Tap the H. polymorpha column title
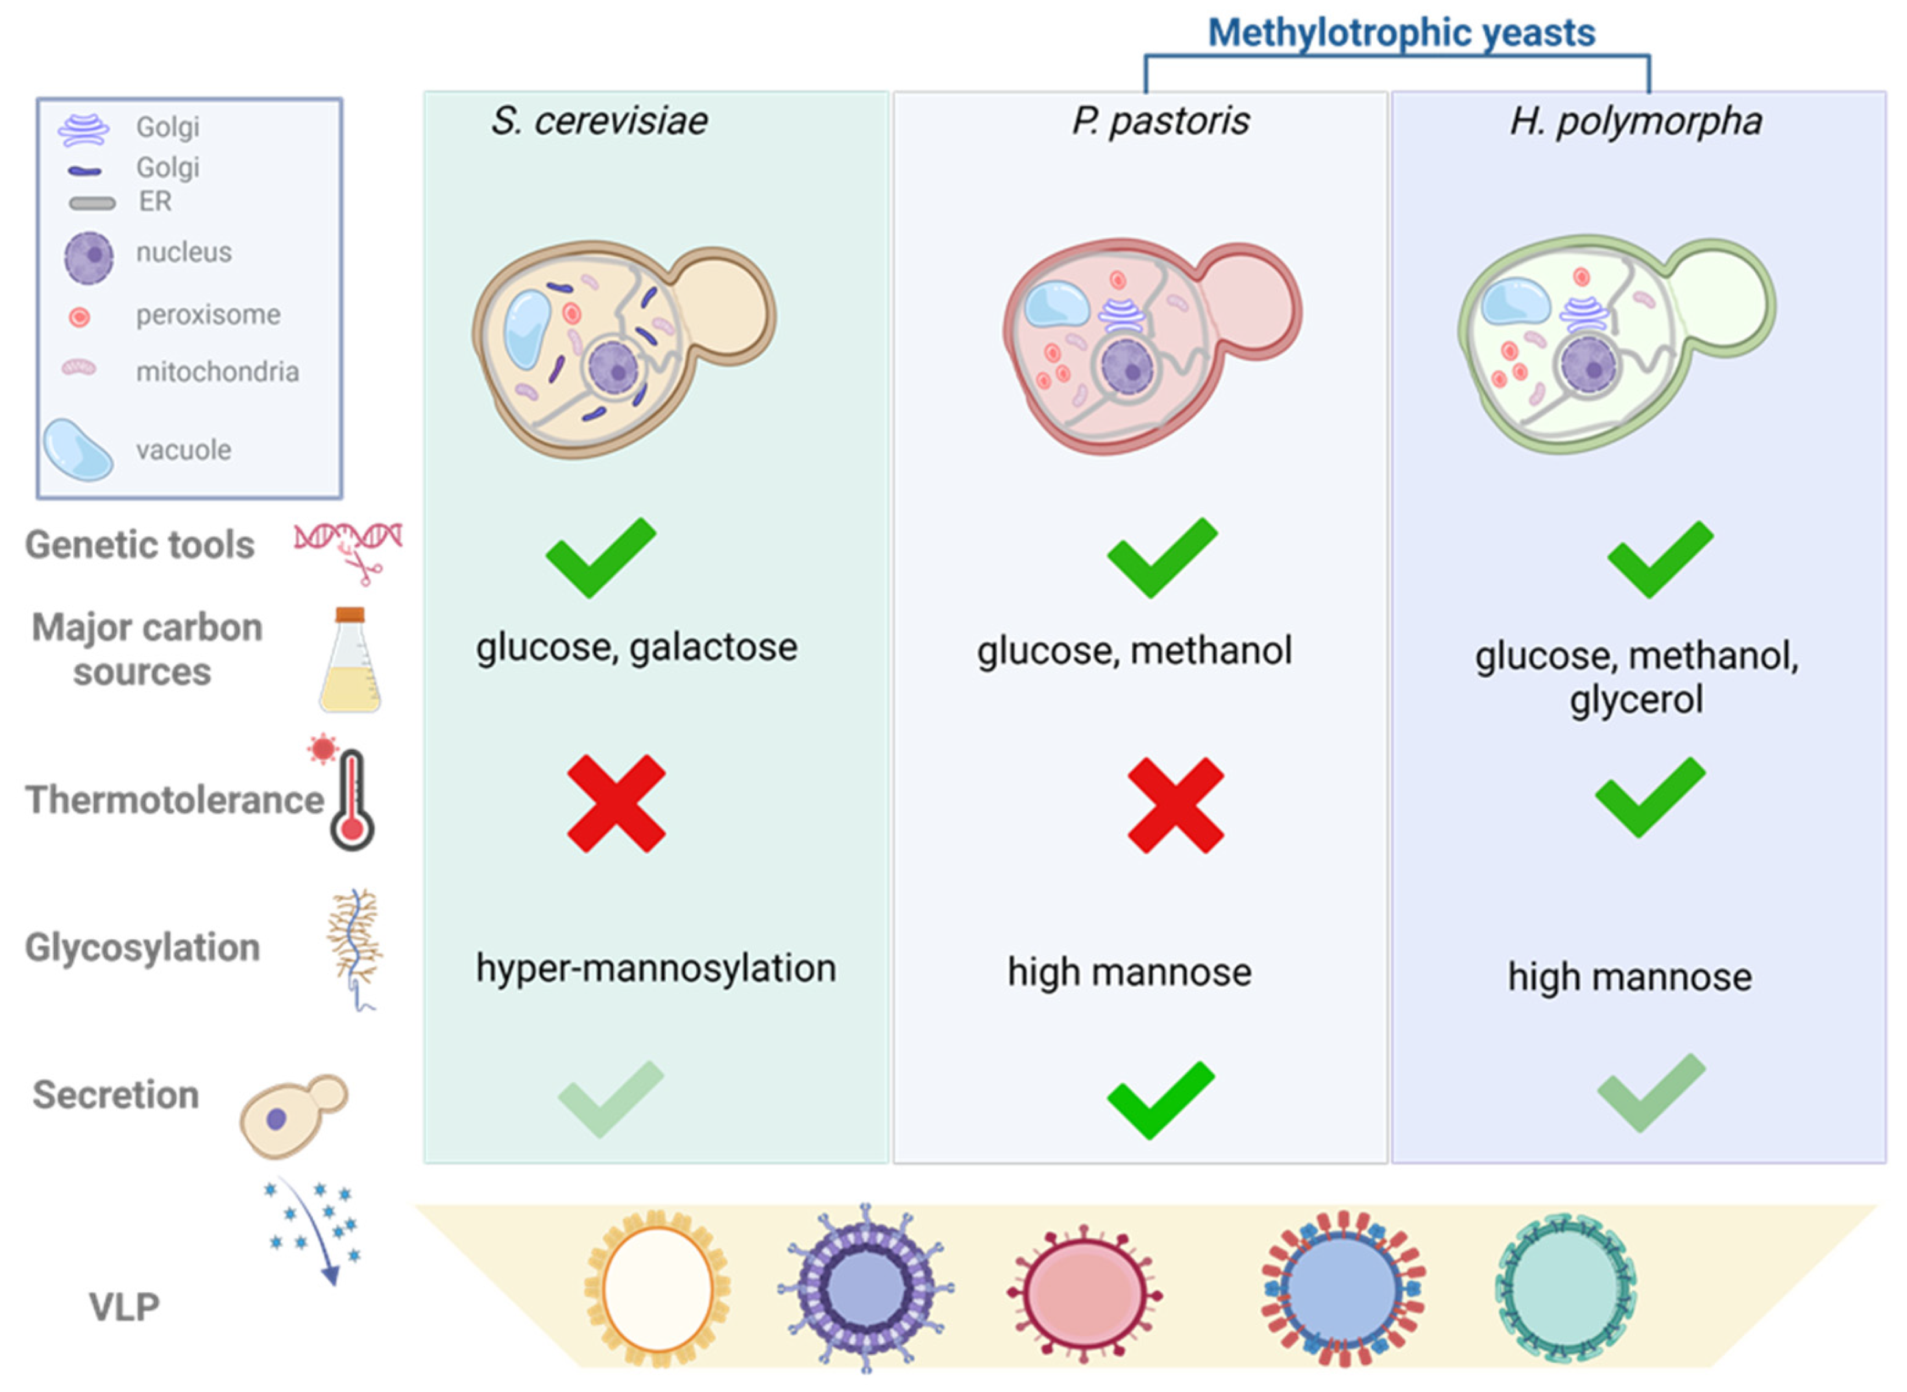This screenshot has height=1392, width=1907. (x=1635, y=121)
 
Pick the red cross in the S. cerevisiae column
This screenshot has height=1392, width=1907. (x=616, y=803)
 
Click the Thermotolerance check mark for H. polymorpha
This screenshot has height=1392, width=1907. (x=1649, y=797)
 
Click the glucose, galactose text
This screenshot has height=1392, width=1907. (x=637, y=647)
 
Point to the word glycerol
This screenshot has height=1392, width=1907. (x=1635, y=699)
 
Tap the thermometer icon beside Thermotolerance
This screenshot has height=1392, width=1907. (x=352, y=800)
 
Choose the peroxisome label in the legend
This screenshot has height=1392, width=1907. (x=208, y=315)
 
